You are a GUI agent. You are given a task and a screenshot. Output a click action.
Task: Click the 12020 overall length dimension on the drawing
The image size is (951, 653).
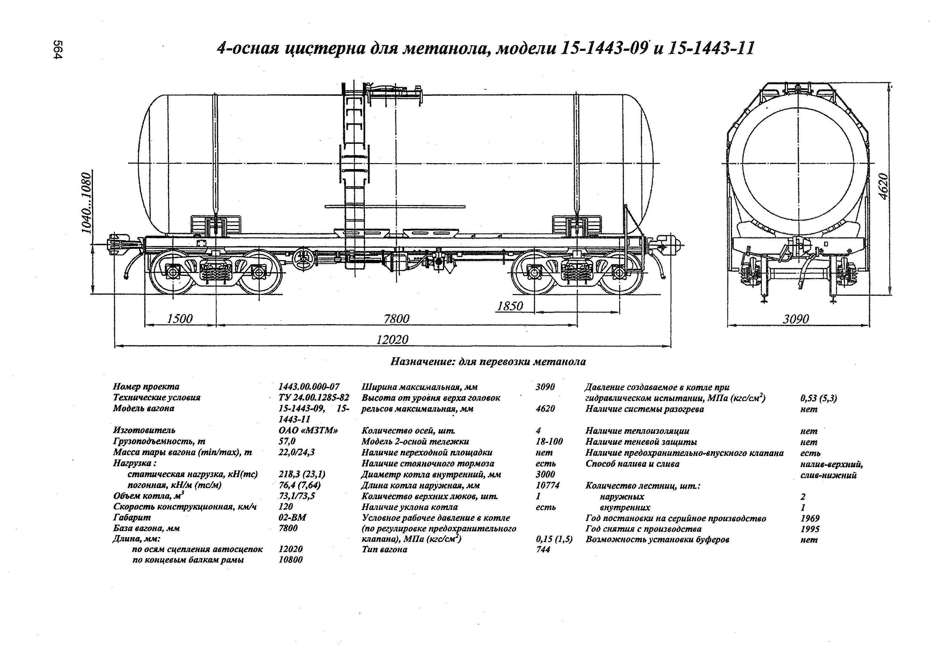tap(392, 339)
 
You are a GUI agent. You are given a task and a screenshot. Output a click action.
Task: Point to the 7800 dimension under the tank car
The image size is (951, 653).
tap(396, 318)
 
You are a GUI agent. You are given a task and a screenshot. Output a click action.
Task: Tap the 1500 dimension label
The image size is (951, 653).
tap(180, 318)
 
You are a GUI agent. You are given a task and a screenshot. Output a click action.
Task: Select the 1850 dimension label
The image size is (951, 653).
tap(510, 306)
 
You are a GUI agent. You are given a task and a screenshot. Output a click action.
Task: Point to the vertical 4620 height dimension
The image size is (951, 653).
tap(884, 186)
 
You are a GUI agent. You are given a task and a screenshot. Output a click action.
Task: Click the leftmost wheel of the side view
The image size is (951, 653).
tap(172, 272)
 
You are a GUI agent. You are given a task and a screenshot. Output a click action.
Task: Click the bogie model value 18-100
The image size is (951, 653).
tap(549, 441)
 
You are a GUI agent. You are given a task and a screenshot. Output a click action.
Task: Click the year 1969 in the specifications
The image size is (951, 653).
tap(810, 518)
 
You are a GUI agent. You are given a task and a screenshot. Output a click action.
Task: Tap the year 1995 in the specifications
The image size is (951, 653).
tap(810, 529)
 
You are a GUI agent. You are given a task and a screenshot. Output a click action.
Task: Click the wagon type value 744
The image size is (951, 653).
tap(543, 549)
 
